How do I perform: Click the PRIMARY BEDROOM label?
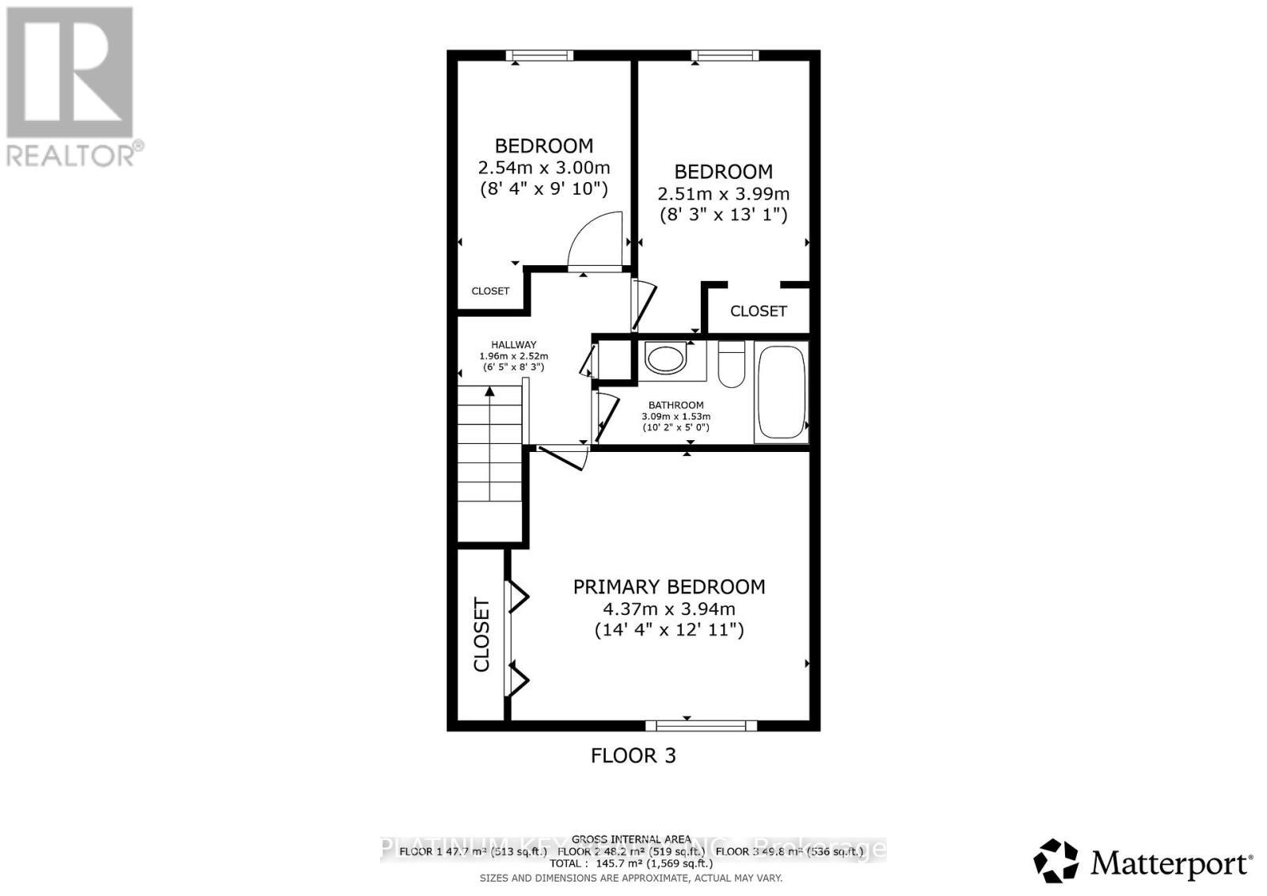(669, 587)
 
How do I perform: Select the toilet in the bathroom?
(731, 365)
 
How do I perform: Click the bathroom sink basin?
(664, 358)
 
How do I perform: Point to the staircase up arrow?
(490, 391)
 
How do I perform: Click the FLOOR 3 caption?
(633, 755)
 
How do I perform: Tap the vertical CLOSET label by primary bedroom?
(481, 635)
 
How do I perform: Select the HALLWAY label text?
(513, 345)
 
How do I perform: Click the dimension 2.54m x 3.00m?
(544, 168)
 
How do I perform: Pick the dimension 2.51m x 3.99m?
(723, 194)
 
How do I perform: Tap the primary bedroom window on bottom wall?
(701, 725)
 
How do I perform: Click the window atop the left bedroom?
(540, 55)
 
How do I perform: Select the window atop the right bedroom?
(725, 55)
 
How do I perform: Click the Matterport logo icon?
(1056, 860)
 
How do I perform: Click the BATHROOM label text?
(675, 405)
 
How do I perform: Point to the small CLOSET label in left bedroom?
(490, 291)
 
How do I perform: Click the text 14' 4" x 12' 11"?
(669, 631)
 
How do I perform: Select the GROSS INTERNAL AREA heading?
(631, 839)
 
